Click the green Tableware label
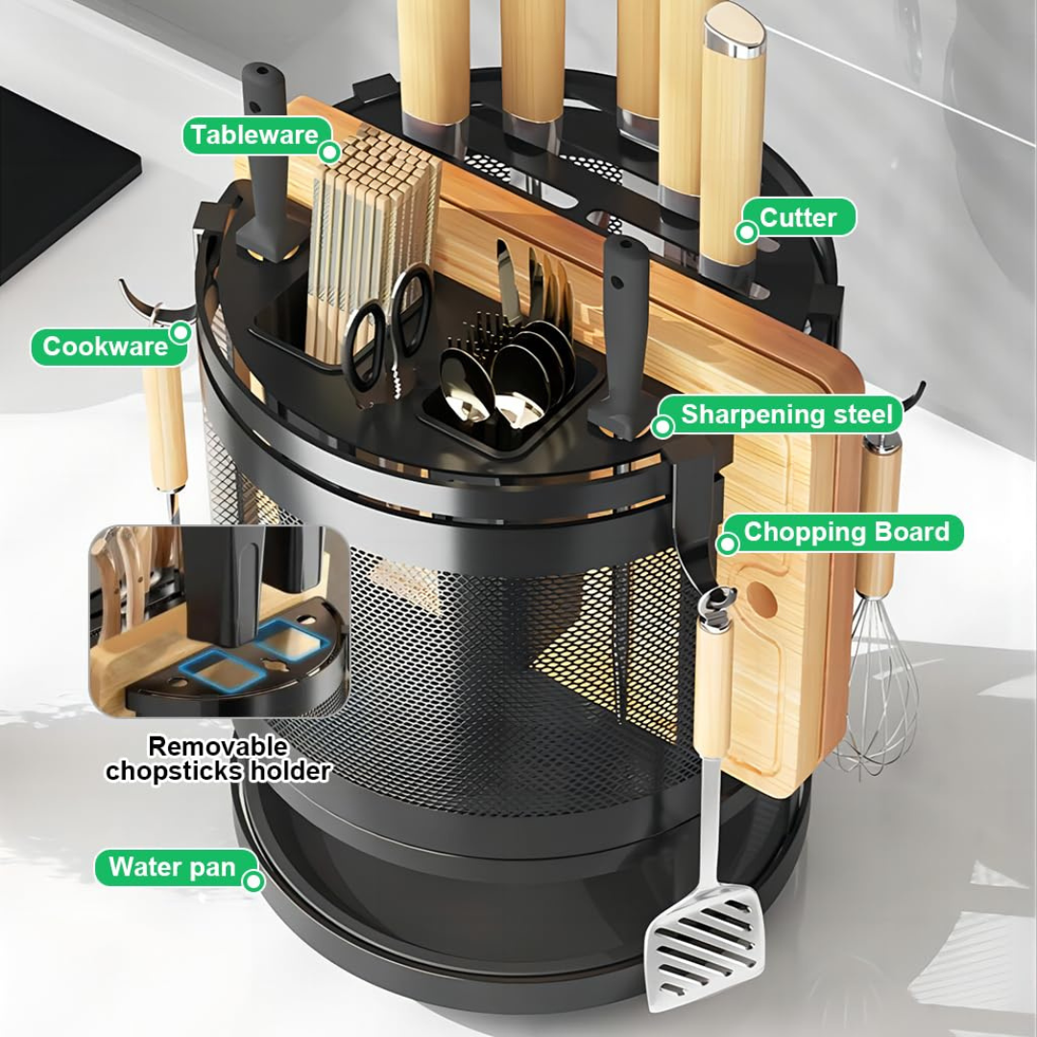click(254, 135)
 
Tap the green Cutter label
click(798, 218)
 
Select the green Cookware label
click(106, 346)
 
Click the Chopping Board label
click(846, 532)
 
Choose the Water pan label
click(172, 867)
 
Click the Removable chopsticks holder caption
click(218, 759)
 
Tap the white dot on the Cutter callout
click(746, 231)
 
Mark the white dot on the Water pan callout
click(253, 880)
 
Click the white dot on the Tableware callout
click(329, 152)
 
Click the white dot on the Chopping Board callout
click(728, 544)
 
